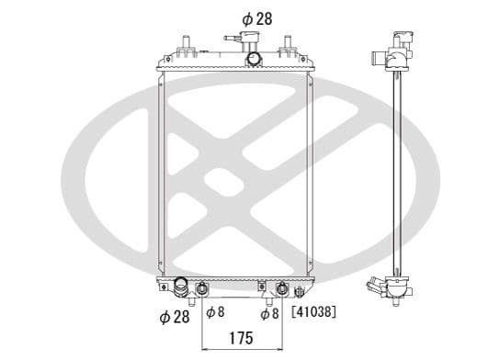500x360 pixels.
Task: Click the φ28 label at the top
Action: pos(256,17)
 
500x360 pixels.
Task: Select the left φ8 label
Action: pos(215,313)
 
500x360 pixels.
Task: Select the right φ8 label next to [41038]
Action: pos(269,313)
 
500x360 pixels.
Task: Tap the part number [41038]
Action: pos(313,313)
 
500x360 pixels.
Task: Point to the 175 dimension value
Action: pos(242,338)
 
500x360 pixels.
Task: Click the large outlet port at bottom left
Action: pos(180,287)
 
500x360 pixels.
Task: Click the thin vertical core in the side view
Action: pos(398,174)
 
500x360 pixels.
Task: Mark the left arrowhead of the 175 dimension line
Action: pos(204,349)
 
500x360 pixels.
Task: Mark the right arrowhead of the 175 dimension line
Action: pos(280,349)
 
